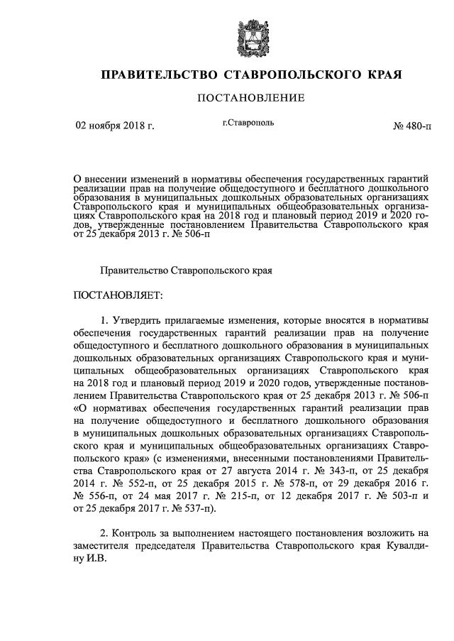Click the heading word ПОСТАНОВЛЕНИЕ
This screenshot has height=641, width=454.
(250, 98)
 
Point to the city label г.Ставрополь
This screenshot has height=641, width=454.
(248, 124)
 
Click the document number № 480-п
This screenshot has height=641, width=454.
(411, 127)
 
